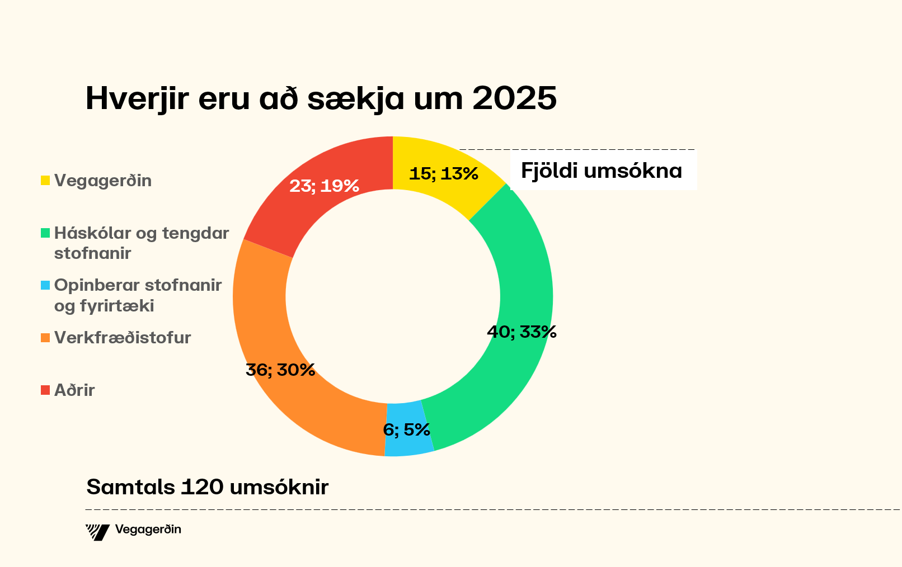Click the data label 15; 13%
(x=444, y=174)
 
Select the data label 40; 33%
(x=522, y=332)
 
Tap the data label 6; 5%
(x=406, y=430)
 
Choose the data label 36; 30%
(x=280, y=370)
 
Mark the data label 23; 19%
(x=324, y=186)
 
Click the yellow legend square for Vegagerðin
(x=45, y=181)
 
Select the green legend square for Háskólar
(x=45, y=233)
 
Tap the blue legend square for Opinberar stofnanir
(x=45, y=285)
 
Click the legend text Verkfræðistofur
(x=123, y=338)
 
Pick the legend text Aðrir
(x=74, y=390)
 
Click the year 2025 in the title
(x=514, y=98)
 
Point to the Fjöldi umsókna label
(x=602, y=171)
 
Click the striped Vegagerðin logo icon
(x=97, y=532)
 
